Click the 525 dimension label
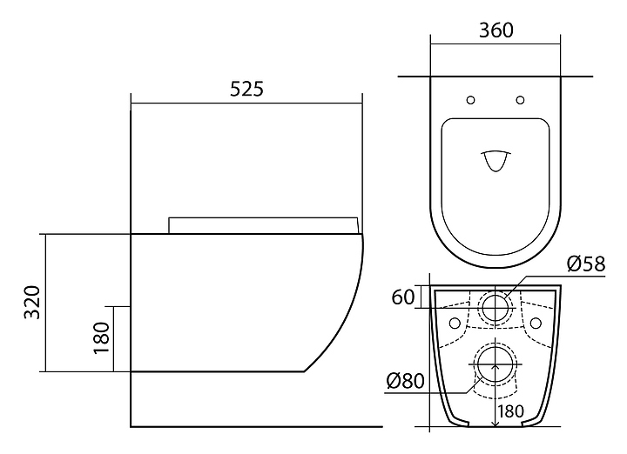pyautogui.click(x=246, y=89)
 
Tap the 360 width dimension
pyautogui.click(x=496, y=30)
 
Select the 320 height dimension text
pyautogui.click(x=32, y=303)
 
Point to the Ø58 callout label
pyautogui.click(x=586, y=264)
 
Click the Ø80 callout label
pyautogui.click(x=406, y=381)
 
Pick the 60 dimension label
pyautogui.click(x=402, y=297)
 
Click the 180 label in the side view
pyautogui.click(x=101, y=337)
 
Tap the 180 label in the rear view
pyautogui.click(x=511, y=411)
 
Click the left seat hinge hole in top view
pyautogui.click(x=470, y=100)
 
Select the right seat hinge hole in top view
pyautogui.click(x=520, y=100)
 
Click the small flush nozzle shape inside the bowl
pyautogui.click(x=496, y=161)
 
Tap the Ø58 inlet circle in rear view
pyautogui.click(x=496, y=307)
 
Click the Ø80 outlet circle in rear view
pyautogui.click(x=495, y=364)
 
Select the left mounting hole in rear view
pyautogui.click(x=455, y=323)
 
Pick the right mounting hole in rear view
pyautogui.click(x=536, y=323)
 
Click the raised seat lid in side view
pyautogui.click(x=263, y=225)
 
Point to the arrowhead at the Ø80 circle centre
pyautogui.click(x=496, y=366)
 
